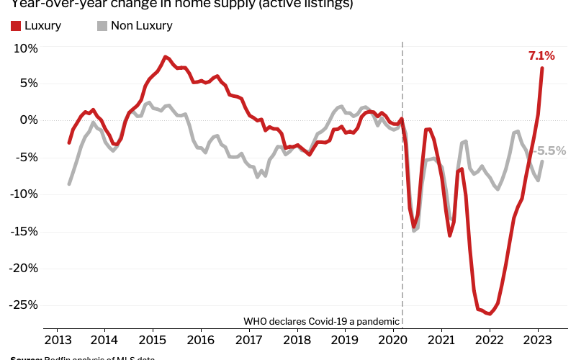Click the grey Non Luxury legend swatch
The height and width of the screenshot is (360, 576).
coord(102,26)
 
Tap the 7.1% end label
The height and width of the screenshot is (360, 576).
coord(541,55)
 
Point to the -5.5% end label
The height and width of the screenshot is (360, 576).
coord(551,151)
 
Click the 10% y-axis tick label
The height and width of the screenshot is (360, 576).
coord(25,48)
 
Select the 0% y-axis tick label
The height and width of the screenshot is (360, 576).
coord(29,120)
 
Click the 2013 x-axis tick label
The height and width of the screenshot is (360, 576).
coord(56,340)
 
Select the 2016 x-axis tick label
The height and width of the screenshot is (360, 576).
coord(201,340)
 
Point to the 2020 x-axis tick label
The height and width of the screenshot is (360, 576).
coord(393,340)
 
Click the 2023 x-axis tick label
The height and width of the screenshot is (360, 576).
coord(538,340)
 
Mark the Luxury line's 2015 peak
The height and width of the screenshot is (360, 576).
coord(165,56)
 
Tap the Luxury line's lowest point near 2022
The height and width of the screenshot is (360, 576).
coord(489,314)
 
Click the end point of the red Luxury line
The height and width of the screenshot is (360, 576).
coord(542,68)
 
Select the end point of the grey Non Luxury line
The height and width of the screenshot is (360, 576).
coord(542,161)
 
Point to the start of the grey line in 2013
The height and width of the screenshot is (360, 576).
coord(69,184)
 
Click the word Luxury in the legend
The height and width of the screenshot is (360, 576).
coord(43,26)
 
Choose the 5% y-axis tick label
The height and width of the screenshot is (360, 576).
coord(29,83)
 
